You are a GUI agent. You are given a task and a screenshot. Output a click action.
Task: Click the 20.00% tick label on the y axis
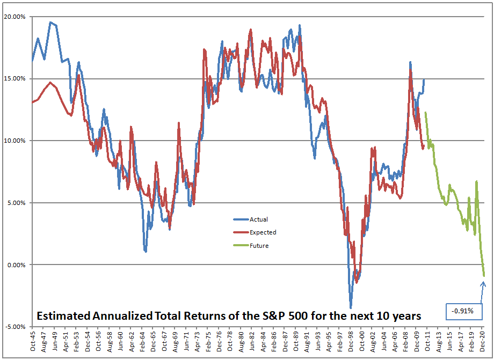click(x=14, y=17)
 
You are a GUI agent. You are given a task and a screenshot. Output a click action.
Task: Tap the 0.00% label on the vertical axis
click(x=16, y=265)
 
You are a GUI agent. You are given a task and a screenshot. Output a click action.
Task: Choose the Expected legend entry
click(x=255, y=232)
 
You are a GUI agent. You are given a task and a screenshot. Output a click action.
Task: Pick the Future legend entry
click(x=251, y=246)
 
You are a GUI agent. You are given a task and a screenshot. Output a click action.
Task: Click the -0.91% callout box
click(x=464, y=312)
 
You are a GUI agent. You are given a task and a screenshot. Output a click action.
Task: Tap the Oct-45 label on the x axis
click(x=32, y=341)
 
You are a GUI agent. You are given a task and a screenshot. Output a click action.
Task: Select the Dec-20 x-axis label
click(x=482, y=341)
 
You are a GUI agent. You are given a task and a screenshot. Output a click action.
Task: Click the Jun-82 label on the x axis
click(x=251, y=341)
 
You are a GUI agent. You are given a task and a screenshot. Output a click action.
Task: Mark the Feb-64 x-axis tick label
click(x=142, y=341)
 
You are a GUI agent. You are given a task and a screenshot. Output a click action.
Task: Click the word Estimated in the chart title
click(x=64, y=315)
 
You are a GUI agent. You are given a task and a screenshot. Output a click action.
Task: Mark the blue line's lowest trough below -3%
click(x=351, y=308)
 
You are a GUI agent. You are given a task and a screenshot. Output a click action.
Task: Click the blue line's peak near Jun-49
click(x=50, y=23)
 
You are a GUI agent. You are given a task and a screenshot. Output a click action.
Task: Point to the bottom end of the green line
click(x=484, y=276)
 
